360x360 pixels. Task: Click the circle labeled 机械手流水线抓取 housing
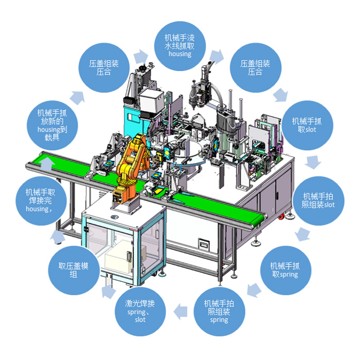click(x=180, y=46)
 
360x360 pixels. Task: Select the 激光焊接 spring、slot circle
click(x=140, y=311)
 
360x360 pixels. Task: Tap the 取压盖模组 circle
click(x=74, y=270)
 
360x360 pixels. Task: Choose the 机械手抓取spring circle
click(x=285, y=270)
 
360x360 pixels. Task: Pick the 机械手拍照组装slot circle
click(x=318, y=201)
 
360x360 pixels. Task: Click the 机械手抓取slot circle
click(x=307, y=125)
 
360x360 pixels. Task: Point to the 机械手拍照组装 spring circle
click(x=219, y=311)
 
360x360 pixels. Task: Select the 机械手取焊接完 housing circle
click(x=41, y=201)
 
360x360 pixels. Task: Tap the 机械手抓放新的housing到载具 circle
click(x=52, y=125)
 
